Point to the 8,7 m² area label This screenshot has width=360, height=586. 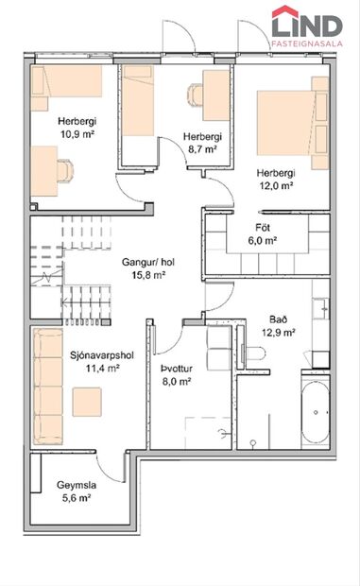coord(201,149)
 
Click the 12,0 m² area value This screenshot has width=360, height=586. coord(277,186)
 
